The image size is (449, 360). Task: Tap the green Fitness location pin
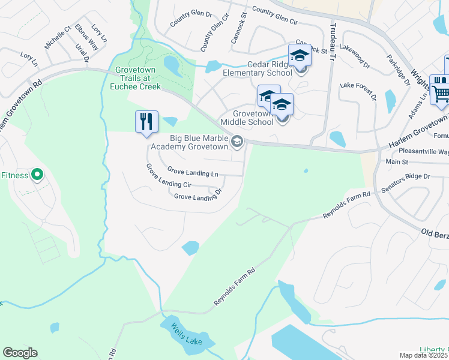pyautogui.click(x=37, y=175)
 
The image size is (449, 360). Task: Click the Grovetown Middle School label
pyautogui.click(x=246, y=118)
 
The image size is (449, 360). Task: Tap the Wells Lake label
pyautogui.click(x=184, y=334)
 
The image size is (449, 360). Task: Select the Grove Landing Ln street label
pyautogui.click(x=192, y=172)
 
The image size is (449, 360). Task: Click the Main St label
pyautogui.click(x=397, y=161)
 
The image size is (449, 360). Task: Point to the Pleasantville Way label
pyautogui.click(x=420, y=152)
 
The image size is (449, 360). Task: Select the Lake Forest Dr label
pyautogui.click(x=358, y=91)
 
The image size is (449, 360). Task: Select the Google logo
pyautogui.click(x=20, y=353)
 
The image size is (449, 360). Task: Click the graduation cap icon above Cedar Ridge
pyautogui.click(x=299, y=56)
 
